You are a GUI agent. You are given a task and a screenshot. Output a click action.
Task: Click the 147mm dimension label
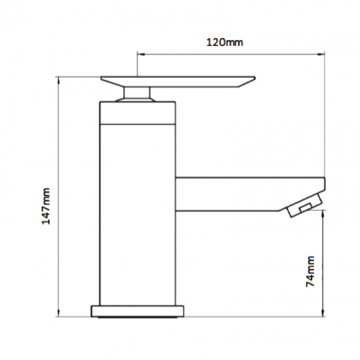pos(47,205)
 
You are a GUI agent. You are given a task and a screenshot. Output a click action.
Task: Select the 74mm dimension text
pos(311,271)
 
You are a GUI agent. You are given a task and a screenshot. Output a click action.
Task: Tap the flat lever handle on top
pos(177,81)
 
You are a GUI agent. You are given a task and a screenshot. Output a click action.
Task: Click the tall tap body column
pos(137,210)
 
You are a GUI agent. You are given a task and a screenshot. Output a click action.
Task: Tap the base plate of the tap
pos(137,310)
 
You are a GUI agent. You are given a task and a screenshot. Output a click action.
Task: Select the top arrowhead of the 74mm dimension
pos(322,214)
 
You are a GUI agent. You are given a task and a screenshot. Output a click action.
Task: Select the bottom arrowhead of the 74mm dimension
pos(322,314)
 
